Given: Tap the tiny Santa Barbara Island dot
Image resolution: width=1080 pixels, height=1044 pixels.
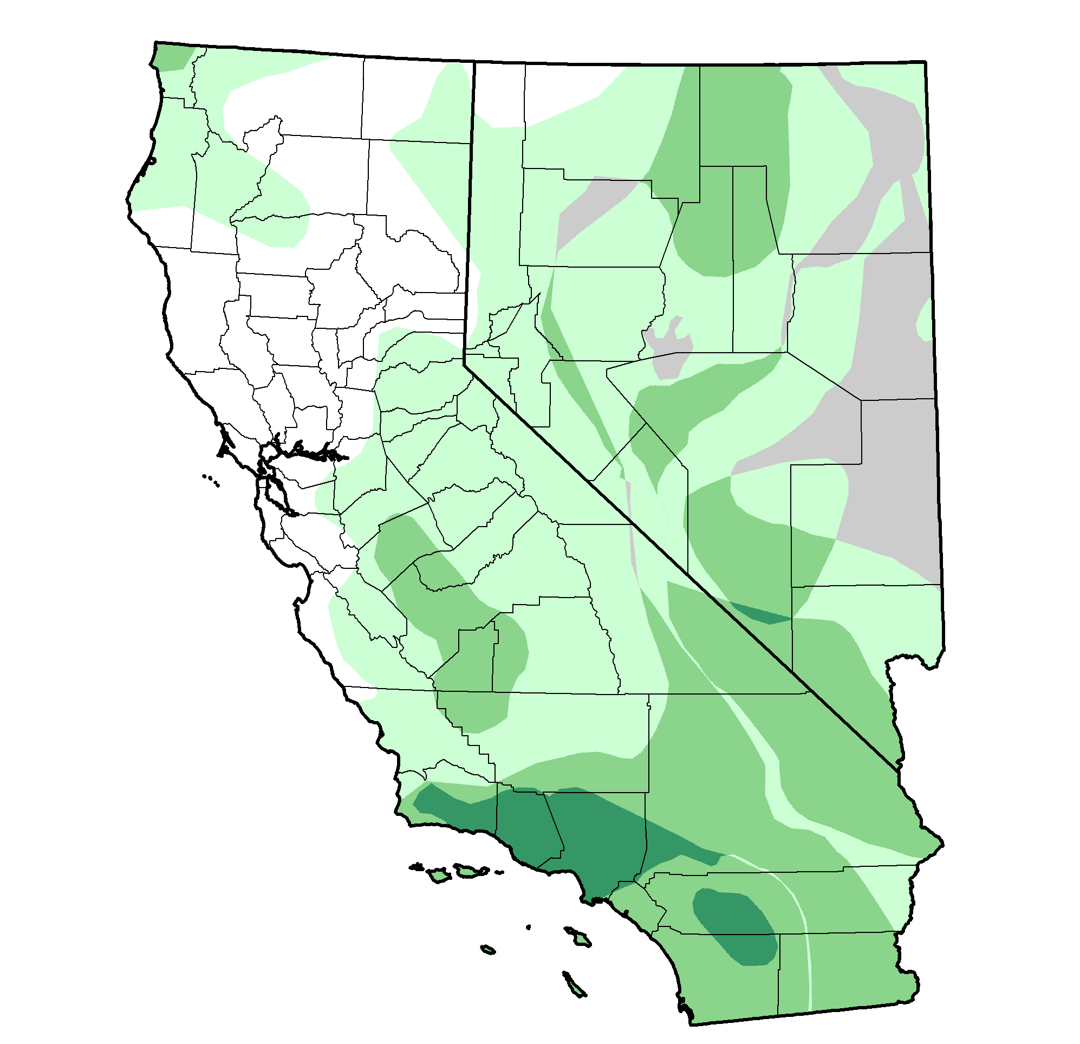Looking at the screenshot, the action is pyautogui.click(x=529, y=926).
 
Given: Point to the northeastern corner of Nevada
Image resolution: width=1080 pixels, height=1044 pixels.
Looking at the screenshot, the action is pyautogui.click(x=925, y=62).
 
